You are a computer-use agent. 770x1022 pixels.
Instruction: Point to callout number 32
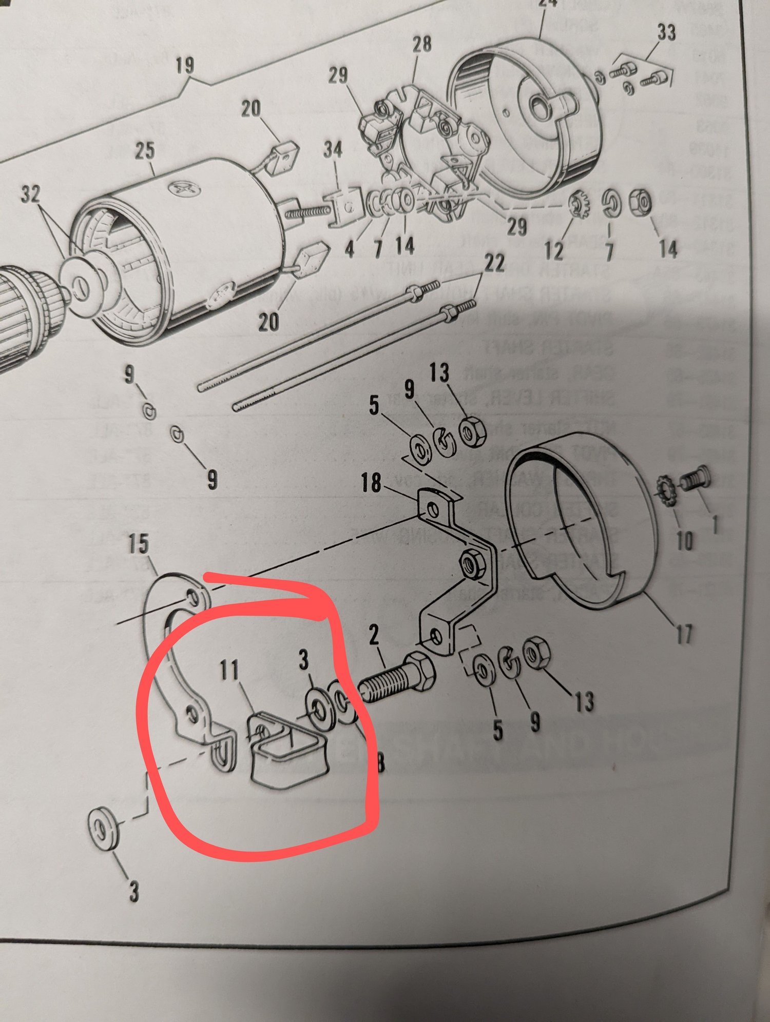pos(30,194)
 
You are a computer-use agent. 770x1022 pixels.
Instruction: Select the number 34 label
pos(333,149)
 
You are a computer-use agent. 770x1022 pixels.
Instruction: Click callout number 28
pos(422,44)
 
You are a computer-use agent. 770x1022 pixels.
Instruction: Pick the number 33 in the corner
pos(666,32)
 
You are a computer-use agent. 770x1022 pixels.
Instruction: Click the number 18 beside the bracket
pos(371,482)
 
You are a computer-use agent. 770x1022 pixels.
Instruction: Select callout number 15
pos(139,544)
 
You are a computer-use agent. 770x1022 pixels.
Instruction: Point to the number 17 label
pos(684,634)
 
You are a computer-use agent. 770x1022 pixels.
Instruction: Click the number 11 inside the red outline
pos(229,669)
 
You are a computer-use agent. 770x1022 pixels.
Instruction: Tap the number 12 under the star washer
pos(554,250)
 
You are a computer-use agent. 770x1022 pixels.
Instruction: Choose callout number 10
pos(684,540)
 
